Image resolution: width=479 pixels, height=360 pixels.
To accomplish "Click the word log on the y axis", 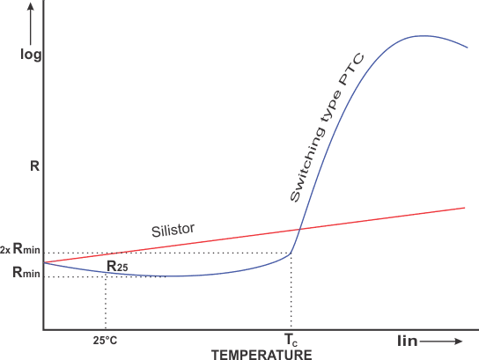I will (x=31, y=55).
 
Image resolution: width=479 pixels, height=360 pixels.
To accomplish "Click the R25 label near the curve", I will (x=118, y=266).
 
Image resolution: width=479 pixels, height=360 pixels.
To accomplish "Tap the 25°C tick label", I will (x=106, y=341).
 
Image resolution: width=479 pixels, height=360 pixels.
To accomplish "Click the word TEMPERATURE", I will (x=261, y=355).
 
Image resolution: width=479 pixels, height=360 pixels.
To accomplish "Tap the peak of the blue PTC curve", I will (x=424, y=36).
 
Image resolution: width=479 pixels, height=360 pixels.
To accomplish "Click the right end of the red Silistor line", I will (x=464, y=208).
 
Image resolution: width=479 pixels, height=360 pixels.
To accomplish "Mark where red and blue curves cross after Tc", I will (x=300, y=230).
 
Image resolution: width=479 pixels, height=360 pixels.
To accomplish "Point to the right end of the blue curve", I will (x=467, y=48).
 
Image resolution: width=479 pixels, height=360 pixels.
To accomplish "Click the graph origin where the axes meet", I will (x=42, y=330).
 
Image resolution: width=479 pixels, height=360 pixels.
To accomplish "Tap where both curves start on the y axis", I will (x=43, y=262).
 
